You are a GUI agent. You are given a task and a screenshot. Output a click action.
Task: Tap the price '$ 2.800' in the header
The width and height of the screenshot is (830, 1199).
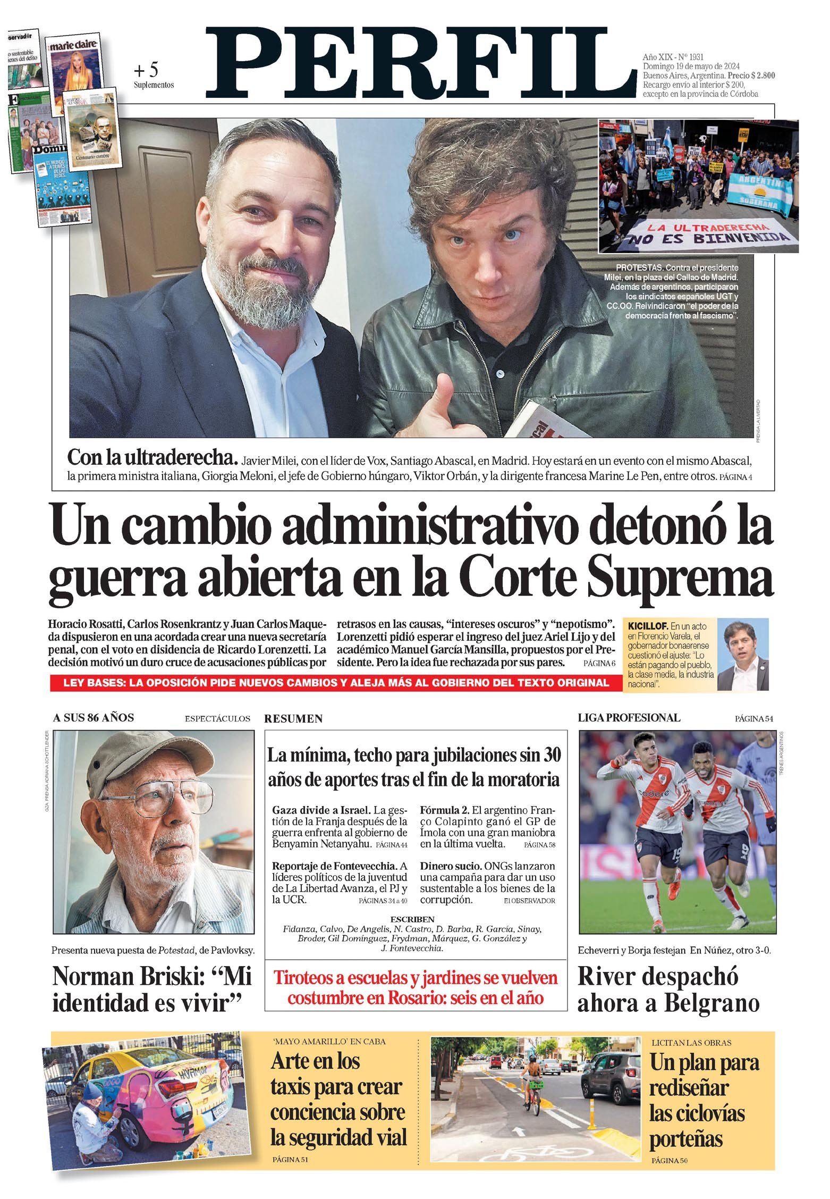pos(756,76)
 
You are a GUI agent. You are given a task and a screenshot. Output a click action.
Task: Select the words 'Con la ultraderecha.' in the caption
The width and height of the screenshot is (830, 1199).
pos(152,457)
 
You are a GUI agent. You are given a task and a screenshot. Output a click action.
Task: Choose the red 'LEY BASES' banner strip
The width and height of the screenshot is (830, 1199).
pos(336,683)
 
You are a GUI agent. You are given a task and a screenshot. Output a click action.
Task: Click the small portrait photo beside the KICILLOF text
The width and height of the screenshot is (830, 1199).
pos(743,655)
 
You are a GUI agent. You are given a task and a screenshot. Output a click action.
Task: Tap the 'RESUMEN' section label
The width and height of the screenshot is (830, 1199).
pos(293,719)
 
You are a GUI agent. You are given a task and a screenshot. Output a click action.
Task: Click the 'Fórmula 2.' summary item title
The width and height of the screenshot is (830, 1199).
pos(444,810)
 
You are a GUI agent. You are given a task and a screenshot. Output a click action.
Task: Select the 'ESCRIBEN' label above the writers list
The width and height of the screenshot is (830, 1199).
pos(412,919)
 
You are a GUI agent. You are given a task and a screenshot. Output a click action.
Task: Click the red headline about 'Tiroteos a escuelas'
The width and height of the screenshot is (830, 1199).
pos(416,987)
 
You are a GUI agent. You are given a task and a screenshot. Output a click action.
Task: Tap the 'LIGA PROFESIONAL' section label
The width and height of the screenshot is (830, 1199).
pos(629,718)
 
